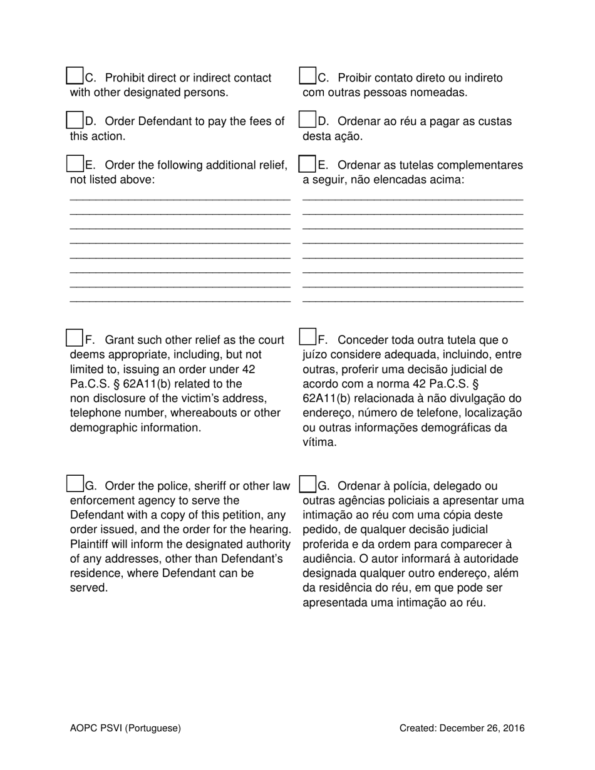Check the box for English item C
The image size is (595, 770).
click(75, 76)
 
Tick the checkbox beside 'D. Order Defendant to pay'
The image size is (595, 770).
click(75, 120)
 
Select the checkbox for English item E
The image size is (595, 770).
click(75, 163)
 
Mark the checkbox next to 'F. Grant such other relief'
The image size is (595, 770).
click(75, 337)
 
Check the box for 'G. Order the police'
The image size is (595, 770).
click(75, 484)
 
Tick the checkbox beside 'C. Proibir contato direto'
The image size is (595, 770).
click(308, 76)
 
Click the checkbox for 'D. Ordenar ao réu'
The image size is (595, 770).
click(308, 120)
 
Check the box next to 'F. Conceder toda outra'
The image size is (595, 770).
click(308, 337)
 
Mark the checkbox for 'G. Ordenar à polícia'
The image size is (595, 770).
click(308, 484)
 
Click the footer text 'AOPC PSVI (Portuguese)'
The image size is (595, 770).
click(125, 728)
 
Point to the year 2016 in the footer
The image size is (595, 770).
click(513, 728)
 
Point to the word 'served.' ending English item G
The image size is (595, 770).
click(89, 588)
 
